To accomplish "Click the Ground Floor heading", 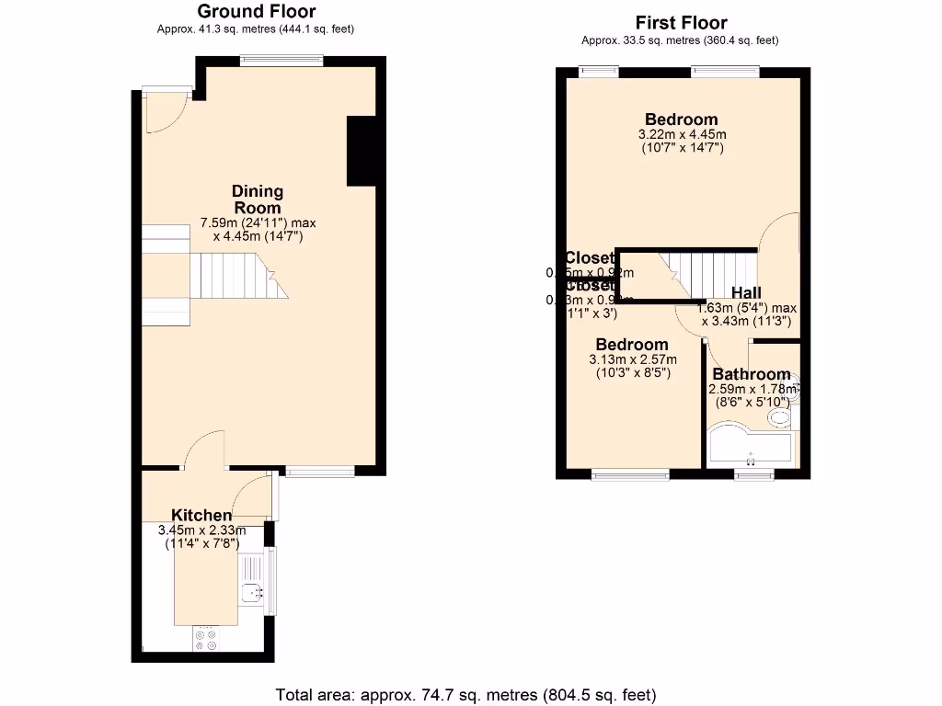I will tap(257, 12).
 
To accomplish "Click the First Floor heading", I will tap(681, 23).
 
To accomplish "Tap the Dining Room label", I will tap(257, 199).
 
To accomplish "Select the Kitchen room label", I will tap(201, 516).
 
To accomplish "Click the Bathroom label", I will tap(751, 374).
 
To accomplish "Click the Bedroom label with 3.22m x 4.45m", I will tap(681, 120).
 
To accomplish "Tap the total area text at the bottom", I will tap(466, 694).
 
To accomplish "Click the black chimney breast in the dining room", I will tap(362, 151).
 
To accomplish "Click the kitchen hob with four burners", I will tap(206, 638).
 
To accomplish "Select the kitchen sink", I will tap(250, 593).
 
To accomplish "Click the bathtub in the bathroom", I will tap(750, 446).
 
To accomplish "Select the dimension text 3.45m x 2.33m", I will tap(201, 530).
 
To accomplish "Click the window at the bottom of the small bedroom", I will tap(630, 474).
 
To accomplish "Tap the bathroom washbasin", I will tap(779, 419).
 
